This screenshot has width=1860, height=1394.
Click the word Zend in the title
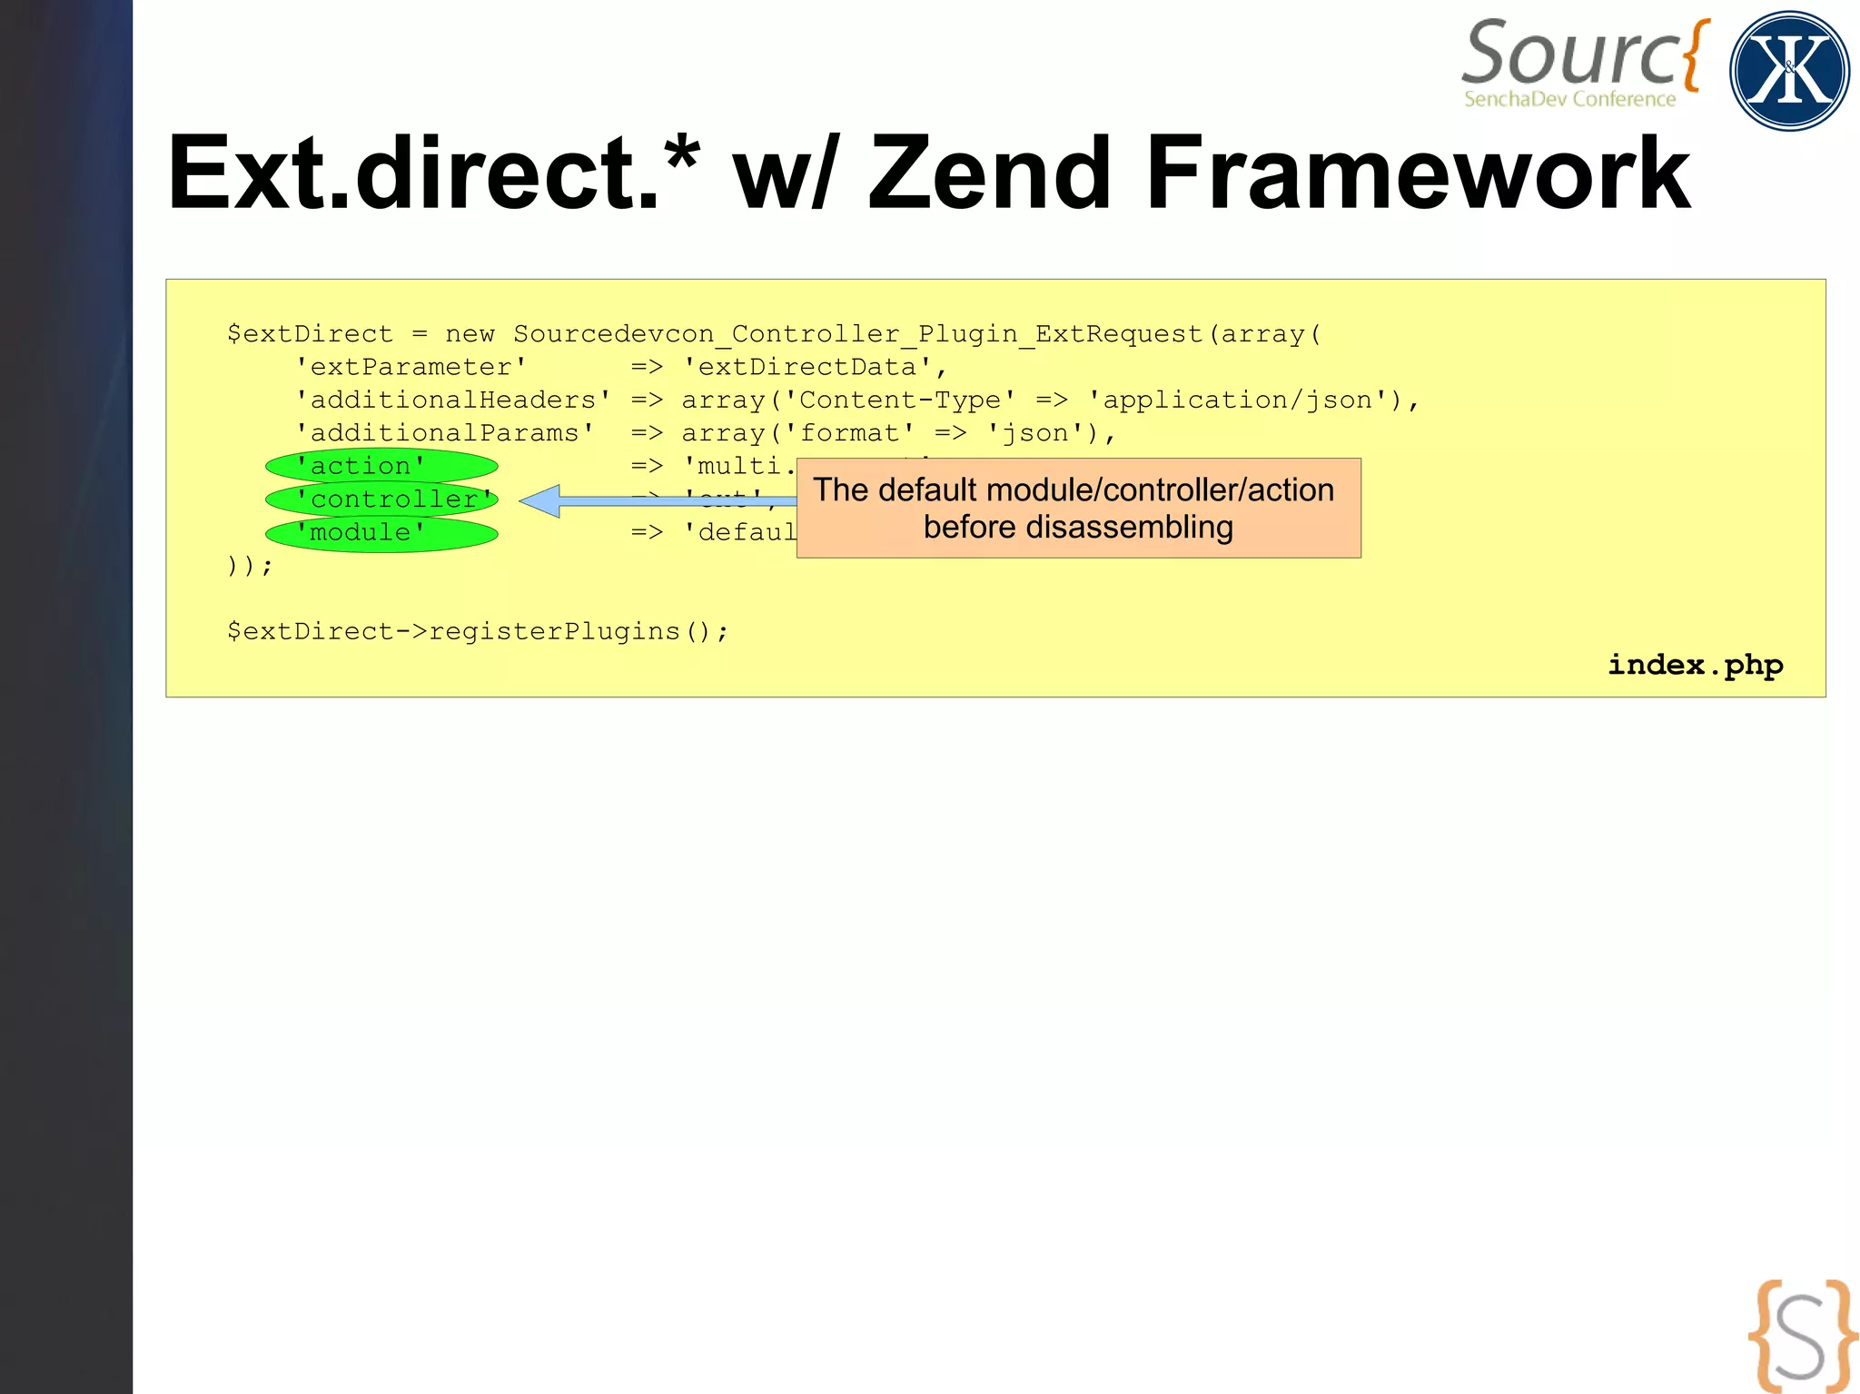click(990, 173)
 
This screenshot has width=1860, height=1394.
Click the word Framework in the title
click(1417, 173)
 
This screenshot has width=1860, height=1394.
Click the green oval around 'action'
click(381, 467)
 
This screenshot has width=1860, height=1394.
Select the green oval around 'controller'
click(381, 499)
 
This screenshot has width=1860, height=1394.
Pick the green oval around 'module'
click(381, 533)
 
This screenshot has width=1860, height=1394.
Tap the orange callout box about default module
click(1078, 508)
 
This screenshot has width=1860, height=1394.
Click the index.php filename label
click(1695, 665)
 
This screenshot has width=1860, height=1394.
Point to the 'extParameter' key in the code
click(411, 367)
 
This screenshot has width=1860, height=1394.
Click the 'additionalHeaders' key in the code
click(453, 400)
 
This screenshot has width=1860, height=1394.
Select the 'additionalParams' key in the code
click(445, 433)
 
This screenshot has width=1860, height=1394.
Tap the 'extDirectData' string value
click(806, 367)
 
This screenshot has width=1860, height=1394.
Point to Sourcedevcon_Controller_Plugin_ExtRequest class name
click(858, 334)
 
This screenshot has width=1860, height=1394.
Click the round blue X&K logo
click(1789, 71)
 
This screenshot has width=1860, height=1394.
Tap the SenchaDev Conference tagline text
click(1569, 99)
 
